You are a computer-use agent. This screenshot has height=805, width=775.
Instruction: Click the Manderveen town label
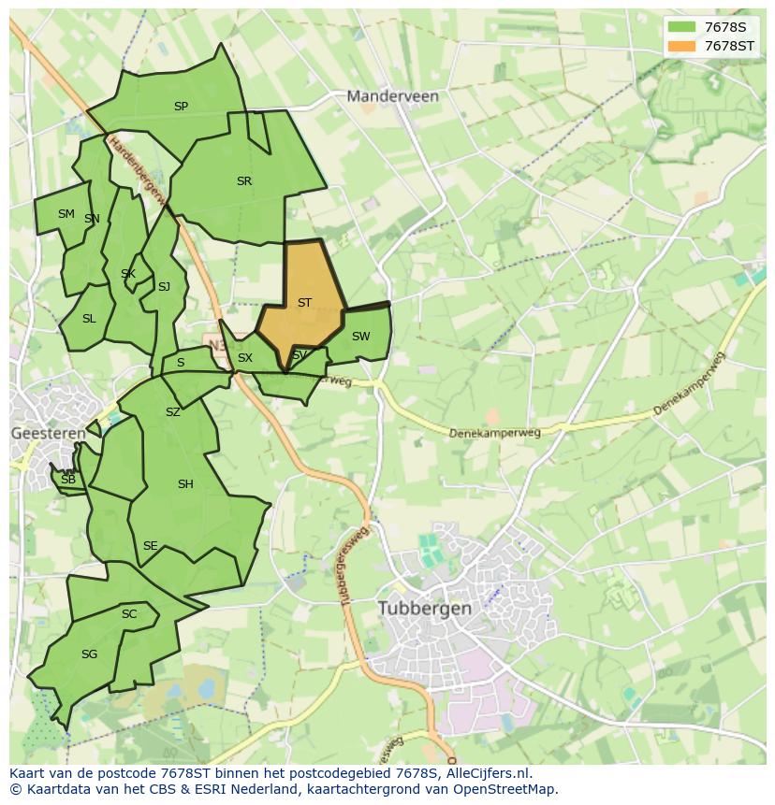click(392, 96)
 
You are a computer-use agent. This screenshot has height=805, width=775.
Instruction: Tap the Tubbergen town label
click(425, 608)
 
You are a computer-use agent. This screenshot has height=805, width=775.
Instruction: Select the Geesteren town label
click(48, 433)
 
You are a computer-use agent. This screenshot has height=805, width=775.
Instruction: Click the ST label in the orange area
click(304, 303)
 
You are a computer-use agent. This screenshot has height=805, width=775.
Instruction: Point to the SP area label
click(181, 107)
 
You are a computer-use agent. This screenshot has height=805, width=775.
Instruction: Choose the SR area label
click(244, 181)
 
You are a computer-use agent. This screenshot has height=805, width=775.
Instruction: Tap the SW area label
click(360, 337)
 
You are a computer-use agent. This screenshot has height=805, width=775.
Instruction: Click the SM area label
click(66, 214)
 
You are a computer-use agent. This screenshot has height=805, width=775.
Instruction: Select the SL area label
click(89, 319)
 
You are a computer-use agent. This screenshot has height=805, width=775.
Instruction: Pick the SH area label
click(185, 484)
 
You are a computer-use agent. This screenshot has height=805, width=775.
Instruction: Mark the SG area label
click(89, 654)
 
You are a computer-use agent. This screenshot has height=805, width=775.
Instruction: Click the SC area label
click(129, 614)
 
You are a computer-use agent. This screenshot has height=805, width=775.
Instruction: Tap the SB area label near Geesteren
click(67, 480)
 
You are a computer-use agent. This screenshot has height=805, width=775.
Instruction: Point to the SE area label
click(150, 546)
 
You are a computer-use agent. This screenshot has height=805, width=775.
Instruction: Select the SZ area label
click(172, 412)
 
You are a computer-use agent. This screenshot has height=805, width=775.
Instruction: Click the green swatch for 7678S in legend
click(682, 27)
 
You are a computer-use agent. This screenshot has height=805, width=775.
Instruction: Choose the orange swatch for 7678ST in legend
click(682, 46)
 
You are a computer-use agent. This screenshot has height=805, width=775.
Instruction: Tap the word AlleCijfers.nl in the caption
click(489, 773)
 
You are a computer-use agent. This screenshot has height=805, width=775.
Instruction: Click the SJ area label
click(164, 287)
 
